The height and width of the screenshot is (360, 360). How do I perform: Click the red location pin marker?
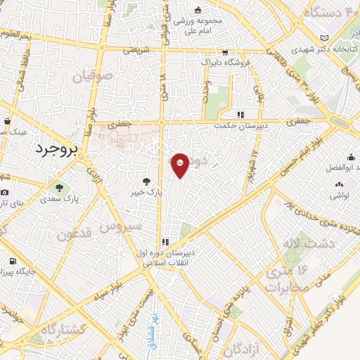181,166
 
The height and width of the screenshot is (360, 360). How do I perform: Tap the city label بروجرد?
59,148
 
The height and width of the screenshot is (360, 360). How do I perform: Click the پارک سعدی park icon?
59,188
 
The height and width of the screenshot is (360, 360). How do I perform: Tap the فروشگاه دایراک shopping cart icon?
224,52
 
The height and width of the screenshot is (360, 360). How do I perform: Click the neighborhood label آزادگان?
242,349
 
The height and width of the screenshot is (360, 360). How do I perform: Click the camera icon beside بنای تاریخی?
5,193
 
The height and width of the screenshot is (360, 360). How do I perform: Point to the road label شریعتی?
138,51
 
